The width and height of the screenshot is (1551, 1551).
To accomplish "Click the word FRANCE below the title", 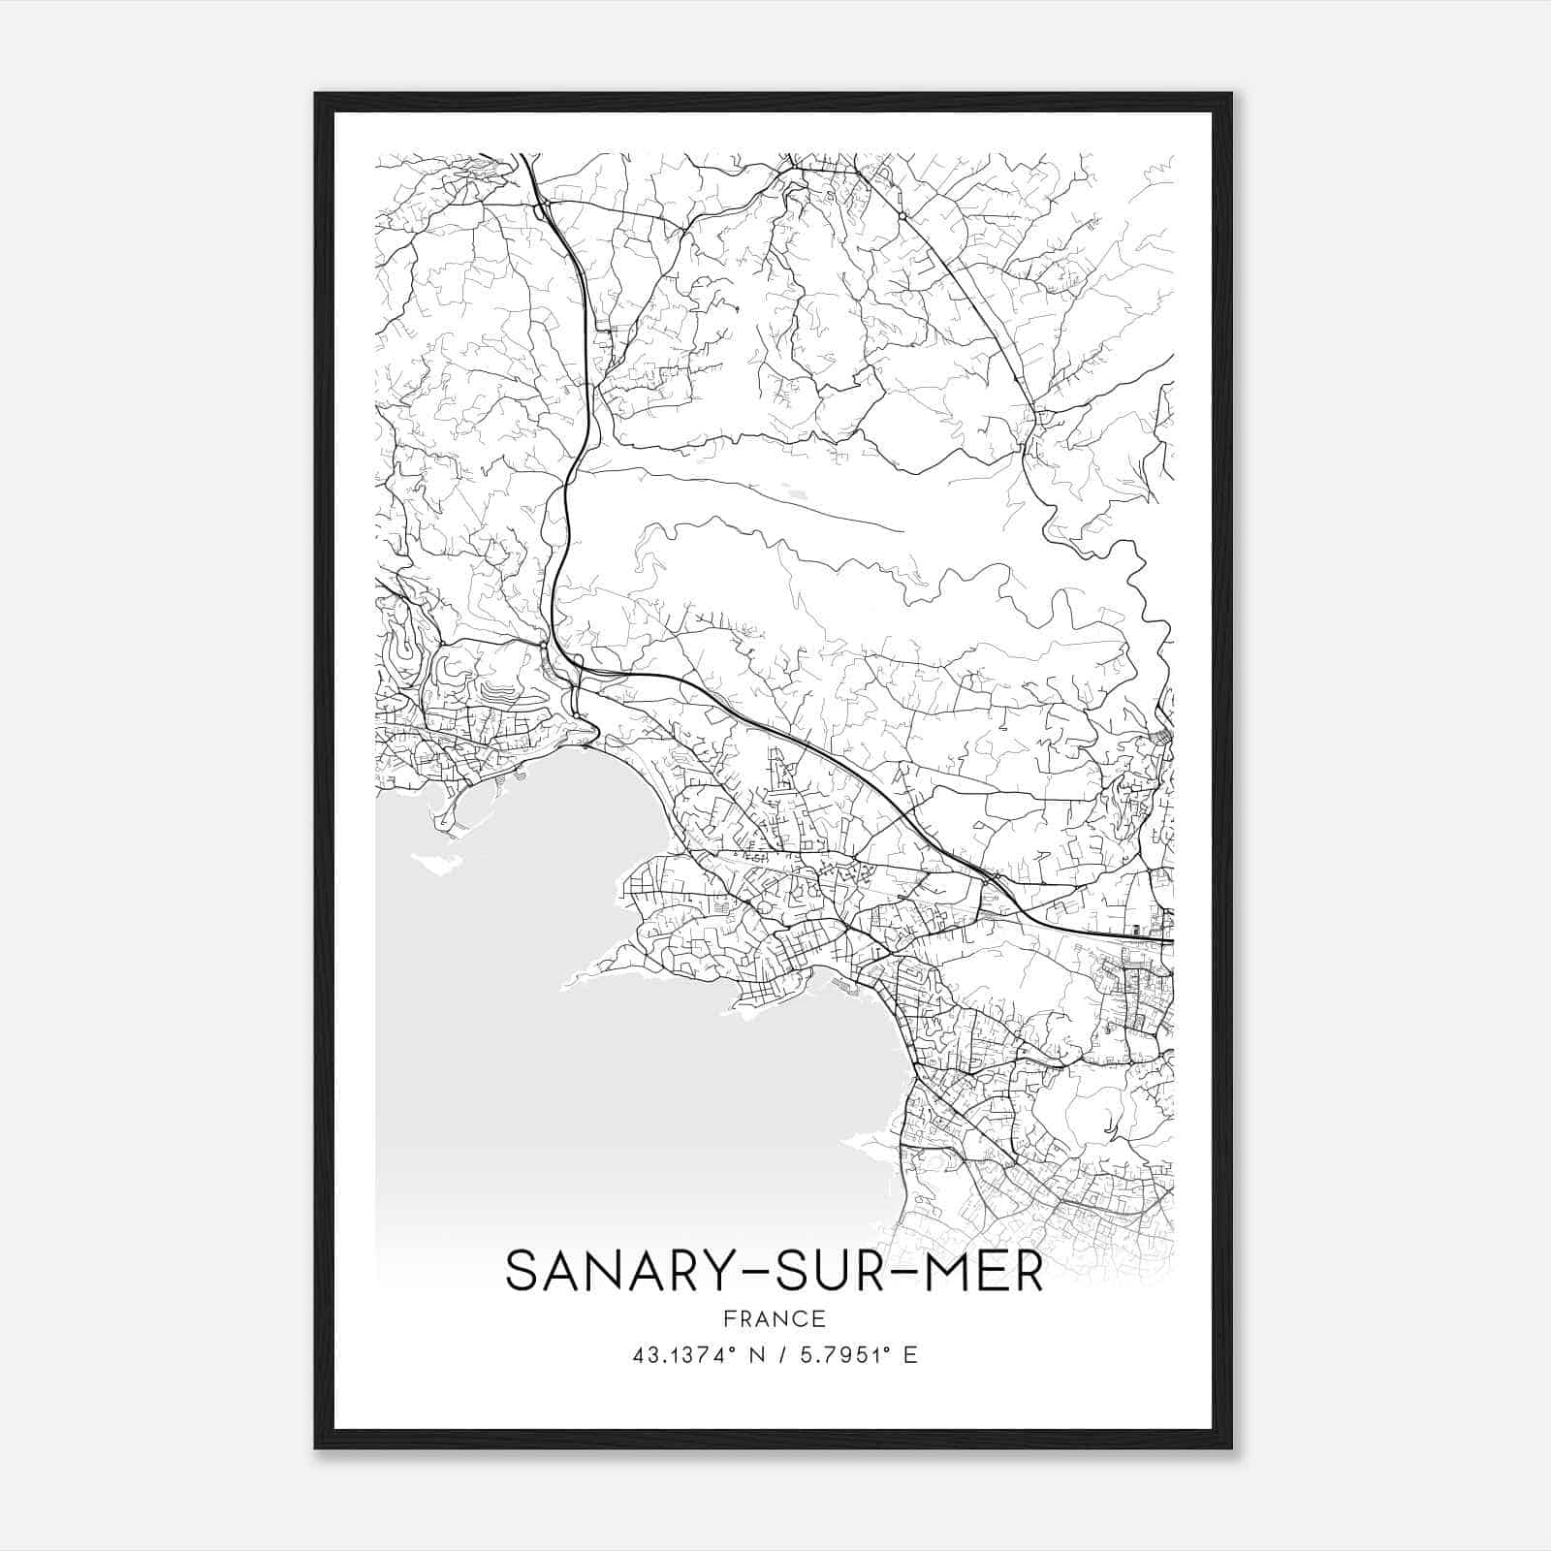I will click(x=775, y=1318).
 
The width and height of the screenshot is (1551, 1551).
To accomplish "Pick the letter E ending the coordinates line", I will click(x=909, y=1354).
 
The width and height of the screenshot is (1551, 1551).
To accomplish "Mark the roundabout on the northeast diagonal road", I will click(x=902, y=215).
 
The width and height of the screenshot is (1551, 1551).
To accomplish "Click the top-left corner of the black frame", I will click(x=316, y=94).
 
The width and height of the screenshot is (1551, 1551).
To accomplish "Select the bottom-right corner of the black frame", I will click(x=1231, y=1448).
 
